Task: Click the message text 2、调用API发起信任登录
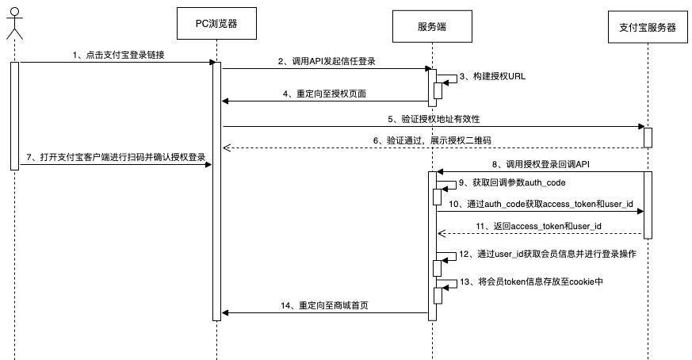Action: click(327, 61)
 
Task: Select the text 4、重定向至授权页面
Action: click(326, 93)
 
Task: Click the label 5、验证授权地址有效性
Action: click(434, 118)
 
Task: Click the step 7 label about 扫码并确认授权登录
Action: click(117, 157)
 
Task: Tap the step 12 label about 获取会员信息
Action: click(546, 255)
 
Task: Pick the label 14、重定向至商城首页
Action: click(325, 305)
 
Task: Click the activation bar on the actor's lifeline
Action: click(14, 115)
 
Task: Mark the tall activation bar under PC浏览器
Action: click(216, 190)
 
